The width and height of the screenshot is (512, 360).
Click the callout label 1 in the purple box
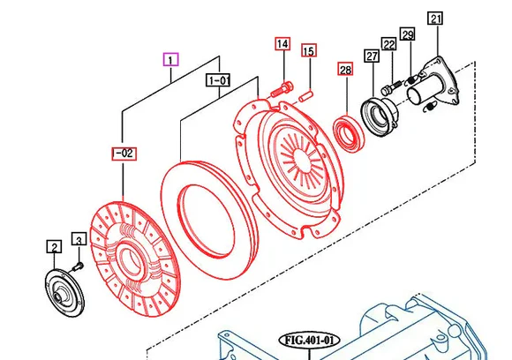pyautogui.click(x=170, y=60)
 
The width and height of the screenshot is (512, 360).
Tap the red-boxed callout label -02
pyautogui.click(x=124, y=154)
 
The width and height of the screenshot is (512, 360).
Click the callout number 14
pyautogui.click(x=282, y=44)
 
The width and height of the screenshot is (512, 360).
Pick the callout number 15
pyautogui.click(x=308, y=51)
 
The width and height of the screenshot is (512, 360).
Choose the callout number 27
pyautogui.click(x=371, y=57)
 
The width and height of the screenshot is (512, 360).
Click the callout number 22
pyautogui.click(x=388, y=44)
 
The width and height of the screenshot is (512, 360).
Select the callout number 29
pyautogui.click(x=407, y=34)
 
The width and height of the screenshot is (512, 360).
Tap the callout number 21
pyautogui.click(x=435, y=19)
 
